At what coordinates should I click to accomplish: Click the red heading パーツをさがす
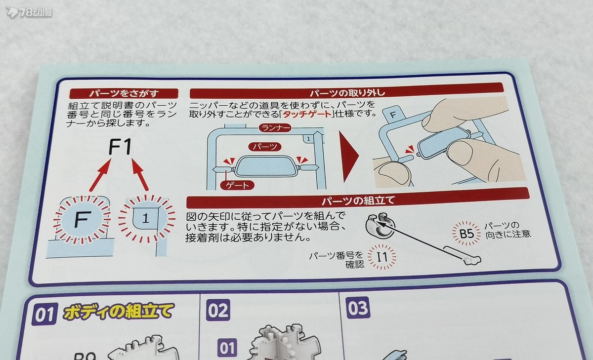coord(124,93)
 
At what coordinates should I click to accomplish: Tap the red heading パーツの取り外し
coord(347,92)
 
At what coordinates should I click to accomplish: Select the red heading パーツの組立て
coord(358,200)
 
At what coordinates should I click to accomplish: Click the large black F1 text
coord(120,147)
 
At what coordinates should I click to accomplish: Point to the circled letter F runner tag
coord(82,220)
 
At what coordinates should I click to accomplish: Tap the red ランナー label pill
coord(275,128)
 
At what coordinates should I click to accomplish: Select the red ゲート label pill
coord(237,185)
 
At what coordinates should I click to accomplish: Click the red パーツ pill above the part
coord(265,147)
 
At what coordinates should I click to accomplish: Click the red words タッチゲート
coord(307,114)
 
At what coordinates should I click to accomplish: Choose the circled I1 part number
coord(382,257)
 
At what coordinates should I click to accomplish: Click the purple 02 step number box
coord(218,310)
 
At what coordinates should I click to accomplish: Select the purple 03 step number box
coord(358,308)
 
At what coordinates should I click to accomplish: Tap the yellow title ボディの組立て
coord(119,311)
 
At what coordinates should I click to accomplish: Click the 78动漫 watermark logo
coord(29,12)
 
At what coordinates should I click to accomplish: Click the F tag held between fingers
coord(394,115)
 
